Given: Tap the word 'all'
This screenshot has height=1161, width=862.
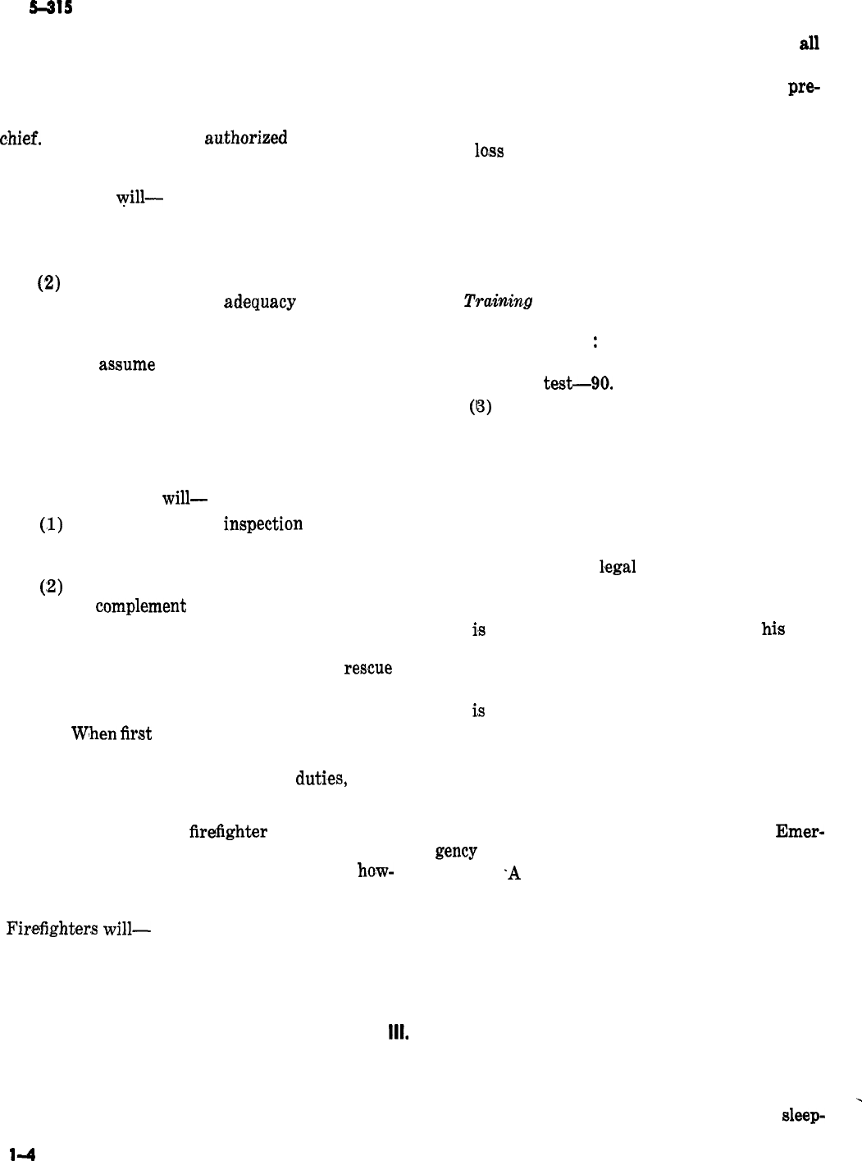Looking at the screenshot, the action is pos(809,44).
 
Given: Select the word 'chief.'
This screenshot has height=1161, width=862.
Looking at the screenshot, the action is pos(22,137).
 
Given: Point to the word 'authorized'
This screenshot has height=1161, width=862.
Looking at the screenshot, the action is pos(245,138).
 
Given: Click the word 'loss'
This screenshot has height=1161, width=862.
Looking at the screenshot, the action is pos(488,151).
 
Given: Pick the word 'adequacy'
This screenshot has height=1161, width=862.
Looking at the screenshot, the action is pos(259,302).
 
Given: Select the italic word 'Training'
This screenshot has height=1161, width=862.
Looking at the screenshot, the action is pos(498,301).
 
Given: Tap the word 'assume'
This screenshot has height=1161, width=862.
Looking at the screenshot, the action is pos(127,364).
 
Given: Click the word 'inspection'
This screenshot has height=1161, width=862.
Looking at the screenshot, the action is pos(262,523).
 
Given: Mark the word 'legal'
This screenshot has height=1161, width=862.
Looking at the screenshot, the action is pos(618,566).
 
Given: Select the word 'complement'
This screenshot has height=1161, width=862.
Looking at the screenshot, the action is pos(140,606).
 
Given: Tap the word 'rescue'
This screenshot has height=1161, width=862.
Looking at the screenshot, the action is pos(367,668).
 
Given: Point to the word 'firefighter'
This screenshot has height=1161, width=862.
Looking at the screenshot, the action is pos(228,832).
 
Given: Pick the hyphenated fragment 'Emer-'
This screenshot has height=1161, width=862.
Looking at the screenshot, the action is pos(800,831).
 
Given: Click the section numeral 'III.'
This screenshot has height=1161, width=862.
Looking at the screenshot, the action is pos(399,1035).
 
